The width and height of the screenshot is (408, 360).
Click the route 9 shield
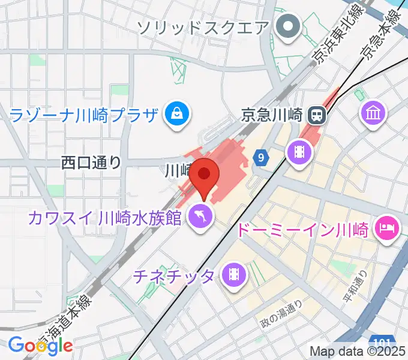point(260,158)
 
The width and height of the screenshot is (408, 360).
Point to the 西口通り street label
point(91,162)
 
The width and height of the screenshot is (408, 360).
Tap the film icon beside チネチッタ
point(233,275)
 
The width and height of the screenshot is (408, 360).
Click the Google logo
point(40,345)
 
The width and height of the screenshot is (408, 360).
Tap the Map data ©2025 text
point(357,352)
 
